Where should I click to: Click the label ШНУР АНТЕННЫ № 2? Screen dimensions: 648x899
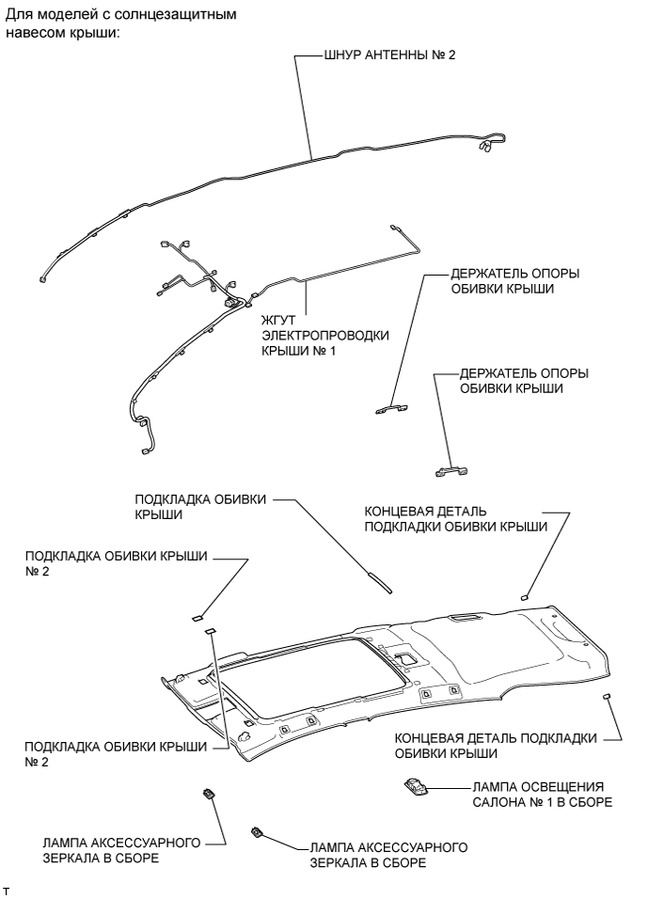tap(390, 55)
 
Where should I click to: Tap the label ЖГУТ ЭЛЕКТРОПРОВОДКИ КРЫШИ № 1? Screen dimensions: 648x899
tap(325, 335)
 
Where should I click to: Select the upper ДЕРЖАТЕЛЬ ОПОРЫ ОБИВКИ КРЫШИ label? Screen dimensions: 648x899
tap(515, 281)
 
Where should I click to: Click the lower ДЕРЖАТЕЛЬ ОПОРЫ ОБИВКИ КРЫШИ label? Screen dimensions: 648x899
tap(524, 381)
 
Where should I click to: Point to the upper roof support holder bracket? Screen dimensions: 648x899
tap(392, 408)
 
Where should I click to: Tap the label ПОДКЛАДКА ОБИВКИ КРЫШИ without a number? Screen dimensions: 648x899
tap(200, 507)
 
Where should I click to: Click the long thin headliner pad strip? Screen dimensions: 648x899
tap(380, 581)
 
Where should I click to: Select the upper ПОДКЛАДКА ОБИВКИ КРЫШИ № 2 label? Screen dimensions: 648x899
tap(116, 563)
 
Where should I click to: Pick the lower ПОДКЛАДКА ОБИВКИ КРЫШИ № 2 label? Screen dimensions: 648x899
tap(116, 754)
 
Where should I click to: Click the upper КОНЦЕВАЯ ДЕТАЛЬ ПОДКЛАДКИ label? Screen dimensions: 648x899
tap(456, 518)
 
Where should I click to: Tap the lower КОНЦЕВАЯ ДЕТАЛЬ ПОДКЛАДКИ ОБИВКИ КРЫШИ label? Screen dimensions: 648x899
tap(496, 746)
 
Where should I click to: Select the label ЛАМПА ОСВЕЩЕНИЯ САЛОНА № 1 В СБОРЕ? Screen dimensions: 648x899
tap(543, 794)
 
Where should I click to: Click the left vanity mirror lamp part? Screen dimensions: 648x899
tap(208, 794)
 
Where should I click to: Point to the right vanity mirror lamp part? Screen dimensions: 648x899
tap(257, 832)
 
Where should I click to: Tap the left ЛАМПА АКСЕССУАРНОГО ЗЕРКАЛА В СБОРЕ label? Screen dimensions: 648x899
tap(121, 850)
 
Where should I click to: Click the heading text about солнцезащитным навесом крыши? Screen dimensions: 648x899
tap(121, 23)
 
